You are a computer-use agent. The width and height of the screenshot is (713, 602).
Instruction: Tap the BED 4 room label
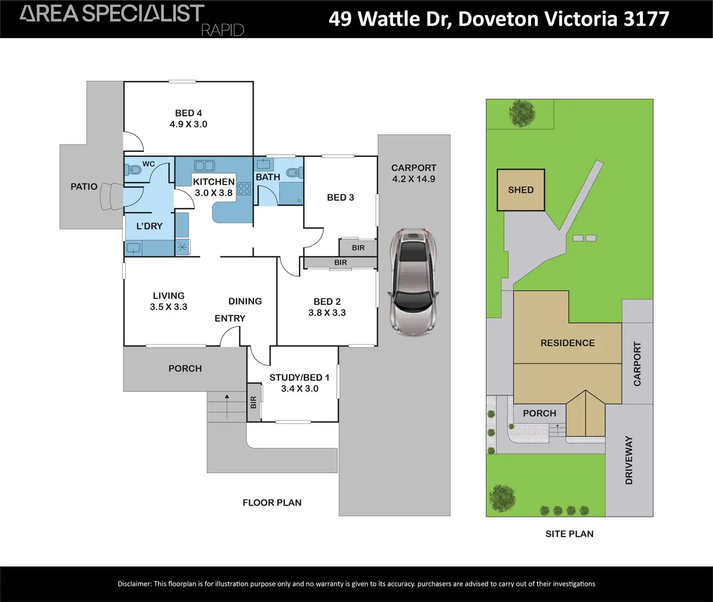click(189, 113)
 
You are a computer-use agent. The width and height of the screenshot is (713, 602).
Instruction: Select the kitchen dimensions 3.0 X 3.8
click(214, 193)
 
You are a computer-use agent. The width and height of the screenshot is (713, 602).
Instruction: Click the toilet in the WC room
click(134, 170)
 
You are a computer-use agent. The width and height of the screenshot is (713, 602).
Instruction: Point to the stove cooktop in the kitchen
click(244, 189)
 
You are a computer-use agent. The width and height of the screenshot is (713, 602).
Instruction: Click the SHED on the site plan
click(520, 190)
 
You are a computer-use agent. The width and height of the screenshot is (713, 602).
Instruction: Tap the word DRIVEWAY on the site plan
click(629, 460)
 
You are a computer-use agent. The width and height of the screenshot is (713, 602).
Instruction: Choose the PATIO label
click(84, 187)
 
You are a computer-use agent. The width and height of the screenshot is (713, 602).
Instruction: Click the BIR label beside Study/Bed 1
click(253, 402)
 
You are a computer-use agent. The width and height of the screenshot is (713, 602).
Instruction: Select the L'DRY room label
click(149, 226)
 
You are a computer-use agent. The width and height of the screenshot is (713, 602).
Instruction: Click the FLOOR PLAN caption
click(272, 503)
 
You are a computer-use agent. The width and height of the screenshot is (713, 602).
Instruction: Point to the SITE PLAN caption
click(569, 534)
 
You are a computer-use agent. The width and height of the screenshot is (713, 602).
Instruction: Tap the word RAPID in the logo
click(222, 30)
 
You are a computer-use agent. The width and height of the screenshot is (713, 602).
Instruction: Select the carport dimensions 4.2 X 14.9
click(414, 179)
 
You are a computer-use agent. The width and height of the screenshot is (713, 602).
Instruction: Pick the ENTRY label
click(230, 319)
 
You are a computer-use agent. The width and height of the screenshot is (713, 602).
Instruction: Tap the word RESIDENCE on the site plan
click(568, 343)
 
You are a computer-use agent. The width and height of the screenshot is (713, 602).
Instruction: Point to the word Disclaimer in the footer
click(134, 583)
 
